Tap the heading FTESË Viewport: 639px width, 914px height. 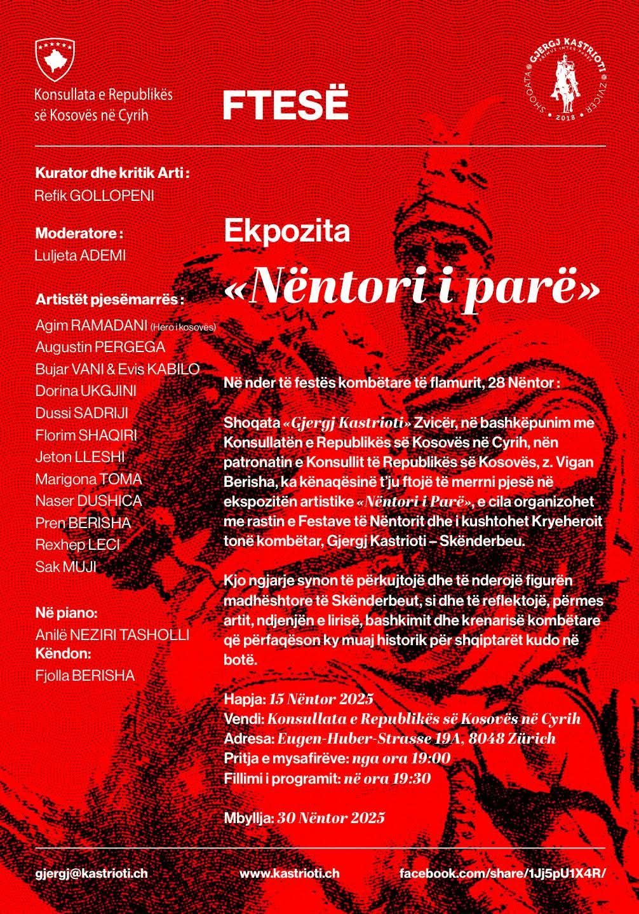[x=285, y=106]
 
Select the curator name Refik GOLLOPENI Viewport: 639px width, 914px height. [x=95, y=195]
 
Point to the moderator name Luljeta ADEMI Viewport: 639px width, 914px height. [x=81, y=256]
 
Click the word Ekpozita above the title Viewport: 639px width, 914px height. [x=286, y=231]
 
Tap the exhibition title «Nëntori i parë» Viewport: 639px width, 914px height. [x=412, y=287]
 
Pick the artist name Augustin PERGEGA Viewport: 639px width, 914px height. [x=100, y=347]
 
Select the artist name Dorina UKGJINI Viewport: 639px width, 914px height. [x=86, y=391]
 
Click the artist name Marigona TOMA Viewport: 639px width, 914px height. [x=88, y=479]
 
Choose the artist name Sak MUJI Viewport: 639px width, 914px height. [x=65, y=566]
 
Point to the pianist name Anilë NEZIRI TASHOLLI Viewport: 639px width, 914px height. [x=112, y=635]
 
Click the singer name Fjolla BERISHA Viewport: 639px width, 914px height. [x=85, y=676]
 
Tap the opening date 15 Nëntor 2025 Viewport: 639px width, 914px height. [x=321, y=699]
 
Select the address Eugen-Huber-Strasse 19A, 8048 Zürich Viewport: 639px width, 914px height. [x=415, y=739]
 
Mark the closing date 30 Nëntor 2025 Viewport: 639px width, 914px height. [x=331, y=817]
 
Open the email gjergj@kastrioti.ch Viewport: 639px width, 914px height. [x=91, y=873]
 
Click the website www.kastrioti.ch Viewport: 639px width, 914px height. [x=289, y=873]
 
